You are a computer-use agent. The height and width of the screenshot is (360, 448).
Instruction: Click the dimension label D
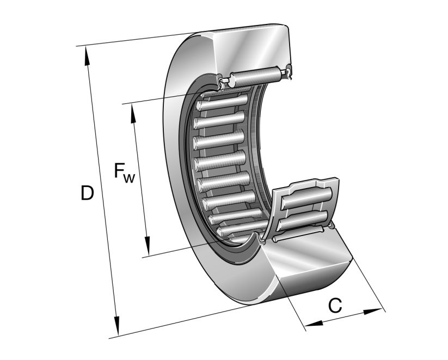pyautogui.click(x=87, y=193)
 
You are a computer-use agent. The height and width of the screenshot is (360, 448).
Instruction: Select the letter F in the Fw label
pyautogui.click(x=119, y=171)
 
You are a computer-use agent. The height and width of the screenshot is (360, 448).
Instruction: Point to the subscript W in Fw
pyautogui.click(x=128, y=177)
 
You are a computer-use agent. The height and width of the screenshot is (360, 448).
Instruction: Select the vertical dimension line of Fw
pyautogui.click(x=139, y=179)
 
